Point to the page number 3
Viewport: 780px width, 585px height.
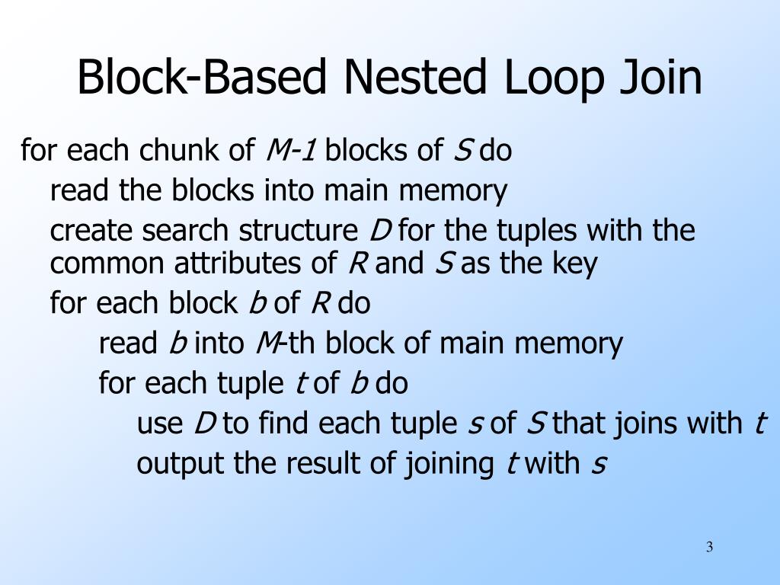[x=709, y=548]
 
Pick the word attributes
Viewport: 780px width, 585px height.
[x=240, y=264]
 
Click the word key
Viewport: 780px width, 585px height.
[x=576, y=264]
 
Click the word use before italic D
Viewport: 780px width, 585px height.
[x=160, y=423]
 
